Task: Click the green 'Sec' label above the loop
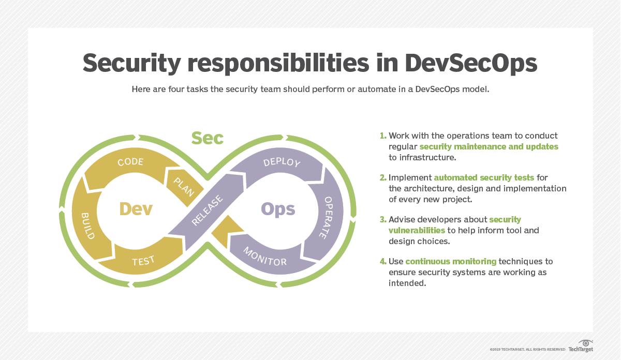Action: (x=208, y=138)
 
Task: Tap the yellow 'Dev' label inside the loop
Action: (x=136, y=208)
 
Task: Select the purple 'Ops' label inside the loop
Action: (x=278, y=208)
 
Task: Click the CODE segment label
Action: (x=130, y=162)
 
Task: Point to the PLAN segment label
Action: (x=183, y=186)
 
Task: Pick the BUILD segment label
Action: (x=87, y=226)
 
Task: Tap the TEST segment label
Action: (x=143, y=261)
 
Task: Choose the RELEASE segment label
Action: (x=208, y=211)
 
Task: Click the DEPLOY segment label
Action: (x=282, y=162)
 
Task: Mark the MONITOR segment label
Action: (x=265, y=255)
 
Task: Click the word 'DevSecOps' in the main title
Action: (x=471, y=63)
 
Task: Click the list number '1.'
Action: (x=383, y=136)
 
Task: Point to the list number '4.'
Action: (x=383, y=261)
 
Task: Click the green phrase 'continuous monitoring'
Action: (x=451, y=261)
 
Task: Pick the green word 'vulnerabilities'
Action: (x=417, y=230)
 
